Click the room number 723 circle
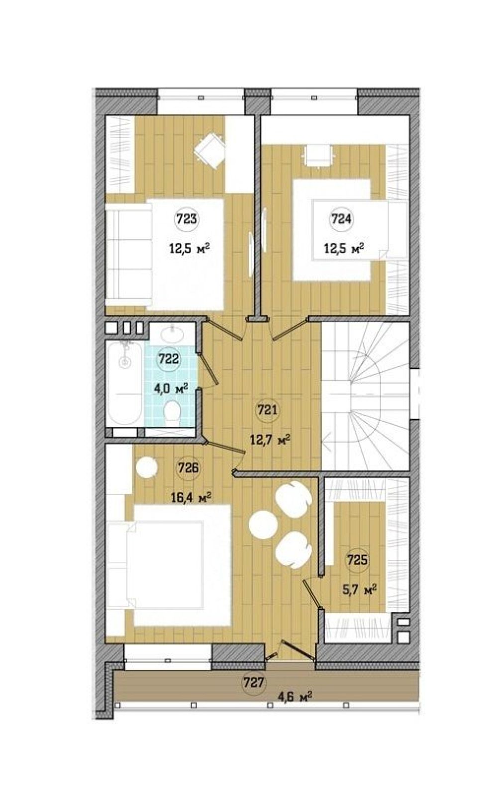187,219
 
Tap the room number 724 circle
341,219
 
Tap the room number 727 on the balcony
254,660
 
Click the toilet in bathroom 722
173,413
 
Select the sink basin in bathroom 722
173,334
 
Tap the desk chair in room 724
319,155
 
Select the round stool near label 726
146,468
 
